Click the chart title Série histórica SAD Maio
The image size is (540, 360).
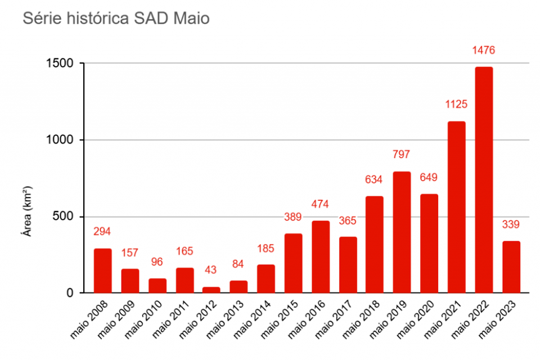click(x=115, y=19)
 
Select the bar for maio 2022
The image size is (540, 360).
click(x=484, y=180)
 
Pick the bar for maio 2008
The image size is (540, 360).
click(x=102, y=271)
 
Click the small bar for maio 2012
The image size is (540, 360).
click(x=211, y=290)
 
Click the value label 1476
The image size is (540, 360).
click(x=484, y=51)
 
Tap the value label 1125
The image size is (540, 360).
click(x=457, y=105)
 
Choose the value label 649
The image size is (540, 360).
click(x=429, y=178)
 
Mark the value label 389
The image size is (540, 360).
click(x=293, y=217)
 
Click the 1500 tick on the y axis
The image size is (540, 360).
click(x=60, y=64)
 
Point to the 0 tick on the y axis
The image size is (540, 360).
click(x=70, y=293)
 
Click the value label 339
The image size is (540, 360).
click(x=511, y=224)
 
